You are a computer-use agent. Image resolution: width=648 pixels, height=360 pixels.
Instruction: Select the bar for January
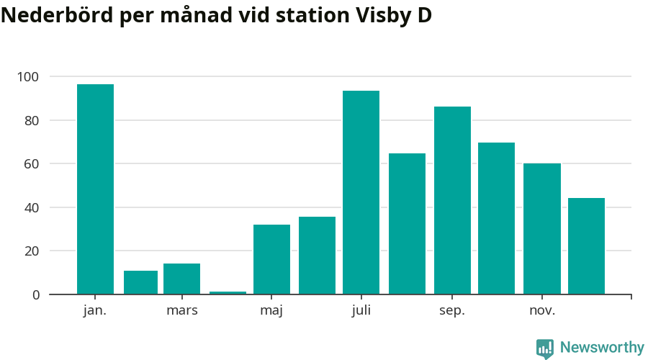[x=95, y=189]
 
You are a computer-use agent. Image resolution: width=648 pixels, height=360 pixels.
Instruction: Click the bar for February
[x=140, y=282]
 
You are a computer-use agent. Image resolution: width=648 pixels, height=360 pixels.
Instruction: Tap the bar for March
[x=181, y=279]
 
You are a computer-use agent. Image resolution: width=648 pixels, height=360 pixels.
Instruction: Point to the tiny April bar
[x=228, y=292]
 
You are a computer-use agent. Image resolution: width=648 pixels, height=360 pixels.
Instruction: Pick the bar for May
[x=271, y=259]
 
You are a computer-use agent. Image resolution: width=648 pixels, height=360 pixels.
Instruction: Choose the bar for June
[x=317, y=255]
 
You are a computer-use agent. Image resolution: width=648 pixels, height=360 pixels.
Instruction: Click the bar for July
[x=361, y=192]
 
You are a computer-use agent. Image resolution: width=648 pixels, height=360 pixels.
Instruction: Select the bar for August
[x=407, y=223]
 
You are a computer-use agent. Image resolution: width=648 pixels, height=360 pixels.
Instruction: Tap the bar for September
[x=452, y=200]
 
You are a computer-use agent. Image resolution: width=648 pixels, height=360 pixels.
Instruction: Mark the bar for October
[x=496, y=218]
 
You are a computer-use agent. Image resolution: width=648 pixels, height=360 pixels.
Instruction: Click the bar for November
[x=541, y=228]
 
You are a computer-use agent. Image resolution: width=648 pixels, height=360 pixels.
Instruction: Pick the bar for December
[x=586, y=246]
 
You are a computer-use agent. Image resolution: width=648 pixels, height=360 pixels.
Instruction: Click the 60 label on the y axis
[x=32, y=163]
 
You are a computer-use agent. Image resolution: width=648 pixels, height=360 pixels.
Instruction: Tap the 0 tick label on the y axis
[x=36, y=294]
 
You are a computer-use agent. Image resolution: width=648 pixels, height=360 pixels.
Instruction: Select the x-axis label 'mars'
[x=181, y=311]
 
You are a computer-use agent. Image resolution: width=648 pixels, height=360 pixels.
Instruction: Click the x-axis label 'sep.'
[x=452, y=311]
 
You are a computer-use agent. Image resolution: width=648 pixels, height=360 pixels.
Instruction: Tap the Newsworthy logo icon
[x=545, y=348]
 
